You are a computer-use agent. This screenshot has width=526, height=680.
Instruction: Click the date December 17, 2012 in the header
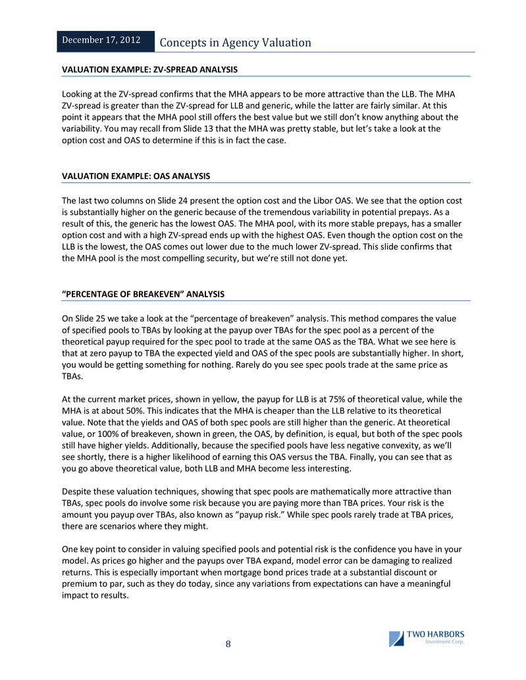(x=101, y=41)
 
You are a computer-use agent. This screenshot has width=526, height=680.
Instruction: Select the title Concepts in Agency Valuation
(x=236, y=43)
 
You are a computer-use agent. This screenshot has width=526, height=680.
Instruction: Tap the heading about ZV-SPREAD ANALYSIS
(x=149, y=69)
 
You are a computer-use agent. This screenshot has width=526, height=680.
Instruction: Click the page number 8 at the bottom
(x=228, y=644)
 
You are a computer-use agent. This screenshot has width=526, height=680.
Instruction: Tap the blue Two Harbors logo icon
(x=396, y=639)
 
